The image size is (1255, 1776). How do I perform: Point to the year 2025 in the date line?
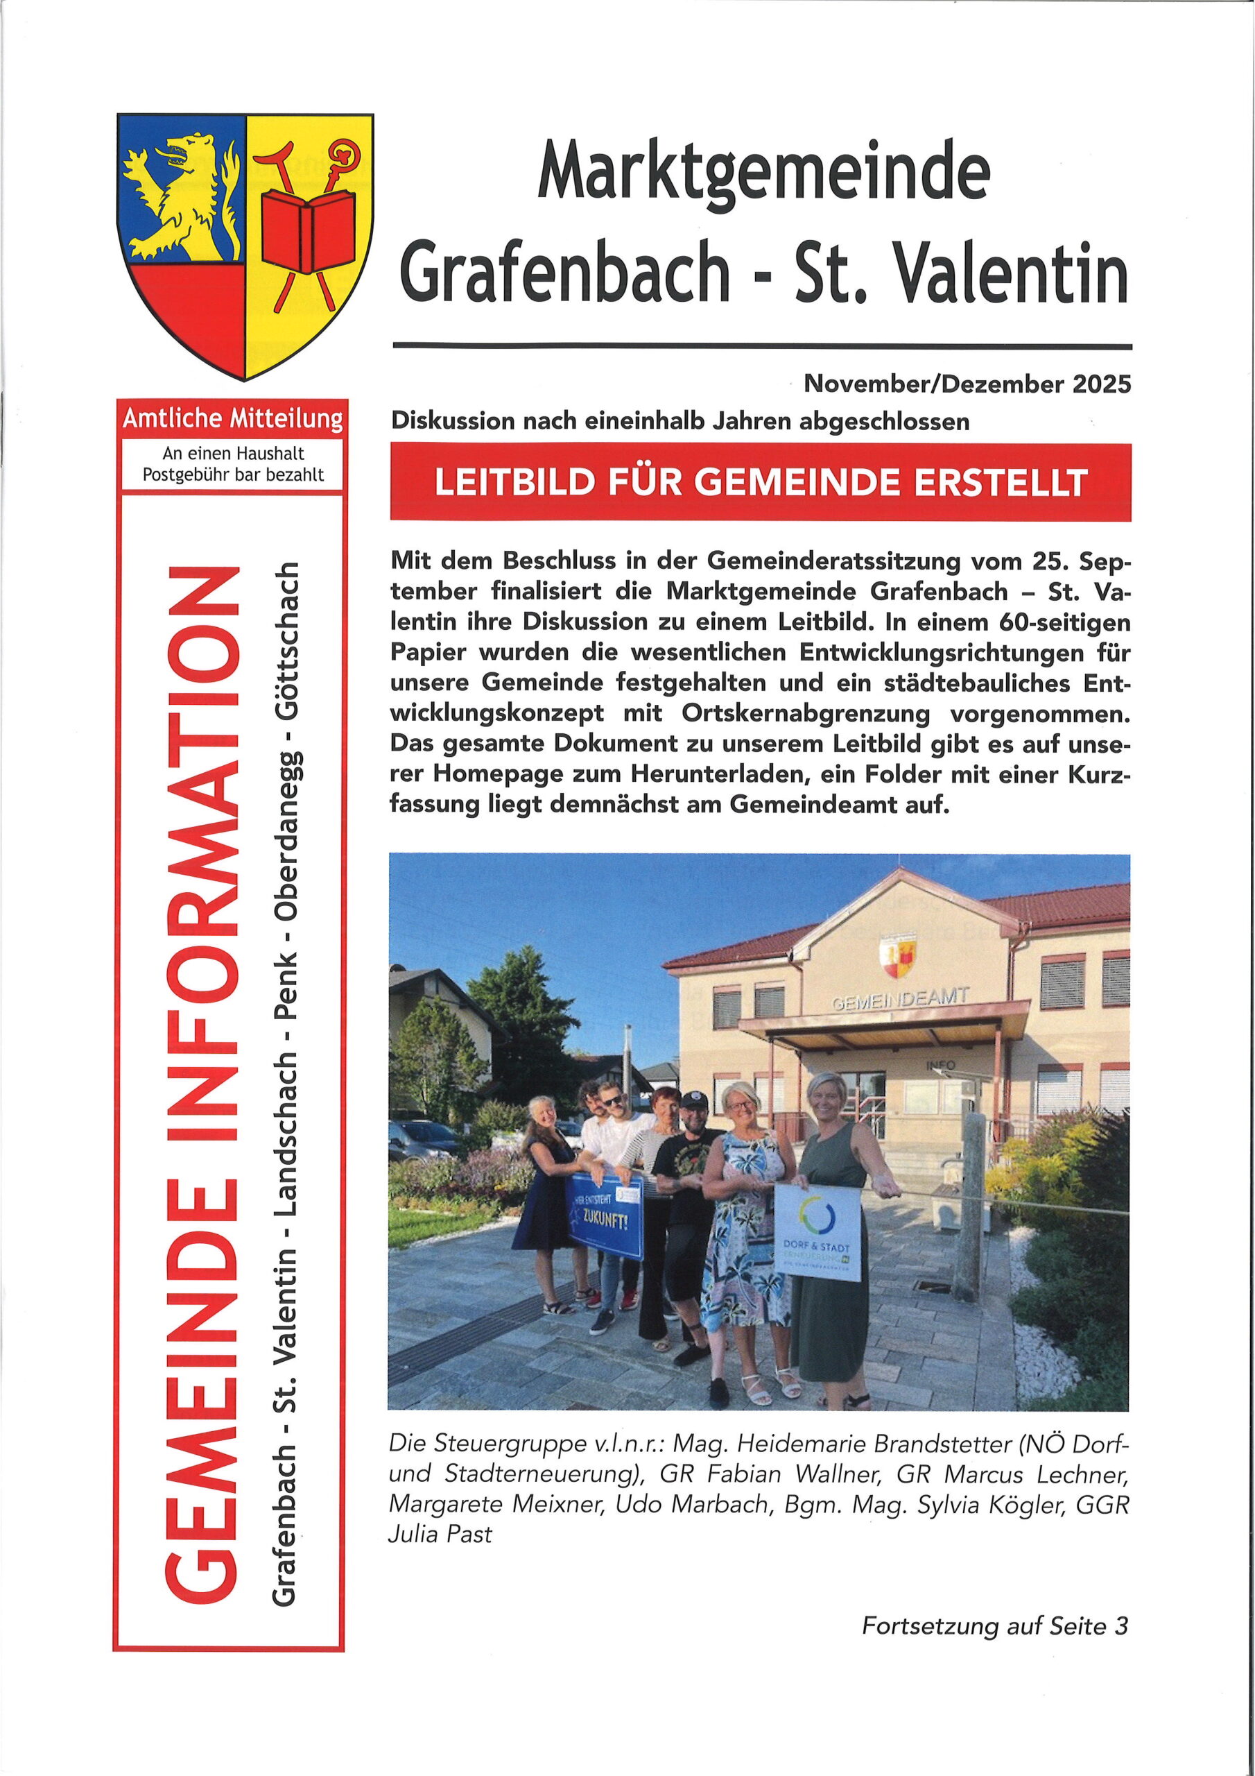[x=1101, y=384]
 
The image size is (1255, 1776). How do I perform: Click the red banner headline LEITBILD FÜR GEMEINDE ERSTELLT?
[x=760, y=482]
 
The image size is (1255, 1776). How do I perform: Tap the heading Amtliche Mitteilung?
[x=232, y=419]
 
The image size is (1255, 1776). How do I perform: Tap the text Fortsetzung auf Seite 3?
[x=994, y=1626]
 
